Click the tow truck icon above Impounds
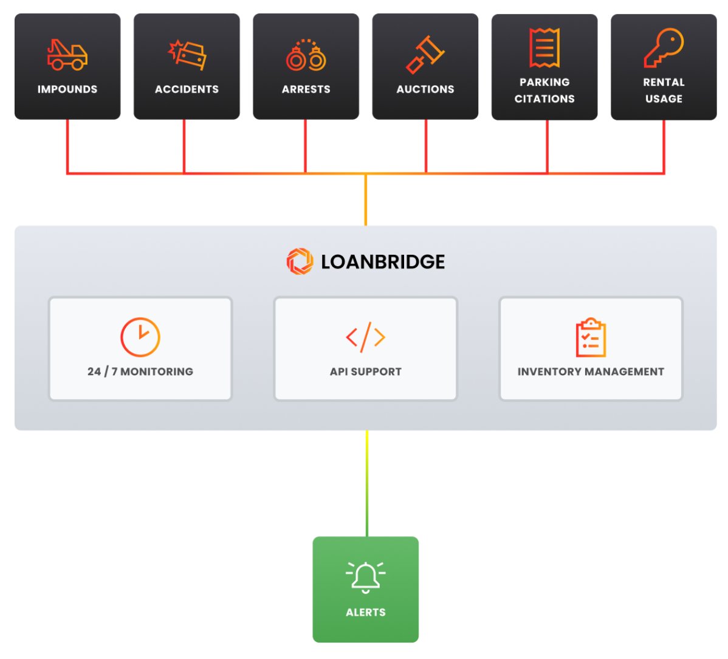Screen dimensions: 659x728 pyautogui.click(x=67, y=55)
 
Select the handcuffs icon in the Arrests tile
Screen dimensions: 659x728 pyautogui.click(x=306, y=55)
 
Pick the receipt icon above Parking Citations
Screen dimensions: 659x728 pyautogui.click(x=544, y=47)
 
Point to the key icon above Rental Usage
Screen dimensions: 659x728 pyautogui.click(x=664, y=47)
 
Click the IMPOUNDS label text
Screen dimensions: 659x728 pyautogui.click(x=67, y=89)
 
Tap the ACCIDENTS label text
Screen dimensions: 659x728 pyautogui.click(x=187, y=89)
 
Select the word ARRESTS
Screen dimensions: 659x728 pyautogui.click(x=306, y=89)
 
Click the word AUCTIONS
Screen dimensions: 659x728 pyautogui.click(x=425, y=89)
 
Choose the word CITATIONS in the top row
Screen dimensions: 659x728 pyautogui.click(x=544, y=98)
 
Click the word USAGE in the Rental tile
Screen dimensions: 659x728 pyautogui.click(x=664, y=98)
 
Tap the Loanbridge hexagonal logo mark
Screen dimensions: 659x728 pyautogui.click(x=300, y=261)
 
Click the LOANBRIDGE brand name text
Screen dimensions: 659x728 pyautogui.click(x=383, y=262)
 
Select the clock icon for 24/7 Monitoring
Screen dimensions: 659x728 pyautogui.click(x=140, y=337)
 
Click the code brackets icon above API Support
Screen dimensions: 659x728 pyautogui.click(x=365, y=337)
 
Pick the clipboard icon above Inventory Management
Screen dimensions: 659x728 pyautogui.click(x=591, y=337)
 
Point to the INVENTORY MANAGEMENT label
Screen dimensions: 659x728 pyautogui.click(x=591, y=371)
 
